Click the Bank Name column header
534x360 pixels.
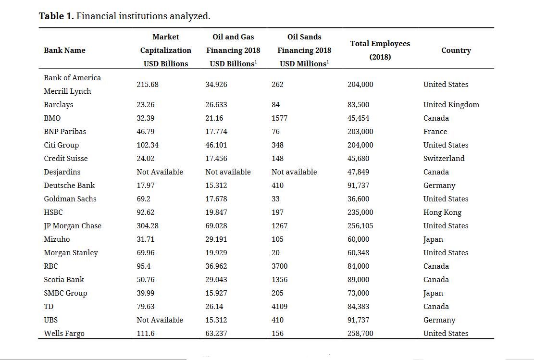pos(64,50)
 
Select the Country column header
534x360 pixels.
pos(456,50)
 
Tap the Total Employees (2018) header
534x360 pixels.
pos(380,50)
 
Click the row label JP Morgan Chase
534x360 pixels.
pos(73,226)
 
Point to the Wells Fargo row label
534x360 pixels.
pos(64,334)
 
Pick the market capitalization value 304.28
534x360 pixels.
pos(148,226)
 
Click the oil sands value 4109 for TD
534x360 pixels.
pos(279,307)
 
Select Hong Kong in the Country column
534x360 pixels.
pos(442,212)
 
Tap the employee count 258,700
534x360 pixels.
pos(360,334)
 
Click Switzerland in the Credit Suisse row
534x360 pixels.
pos(444,159)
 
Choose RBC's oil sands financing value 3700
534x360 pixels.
pos(279,266)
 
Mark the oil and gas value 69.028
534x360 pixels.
pos(216,226)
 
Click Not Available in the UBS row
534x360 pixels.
pos(160,320)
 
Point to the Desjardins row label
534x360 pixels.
pos(62,172)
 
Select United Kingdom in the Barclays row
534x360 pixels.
pos(451,105)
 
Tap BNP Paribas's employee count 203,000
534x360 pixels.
pos(360,132)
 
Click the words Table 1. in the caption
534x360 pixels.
pos(56,16)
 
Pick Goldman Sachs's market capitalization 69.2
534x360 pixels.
pos(143,199)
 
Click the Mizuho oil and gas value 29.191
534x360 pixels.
pos(216,239)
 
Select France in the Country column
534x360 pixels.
pos(435,132)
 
